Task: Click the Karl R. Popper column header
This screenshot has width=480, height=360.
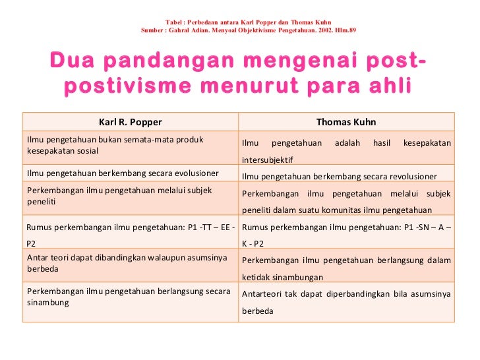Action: click(130, 122)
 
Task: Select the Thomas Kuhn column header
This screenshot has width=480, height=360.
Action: click(346, 122)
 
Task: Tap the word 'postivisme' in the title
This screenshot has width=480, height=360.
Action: click(125, 86)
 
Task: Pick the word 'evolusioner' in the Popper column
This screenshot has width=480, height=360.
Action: click(195, 173)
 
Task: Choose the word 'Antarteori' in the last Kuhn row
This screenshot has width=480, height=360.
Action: click(262, 293)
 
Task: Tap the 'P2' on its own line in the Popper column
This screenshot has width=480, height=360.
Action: click(32, 243)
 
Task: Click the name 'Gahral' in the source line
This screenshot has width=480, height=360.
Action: click(180, 30)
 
